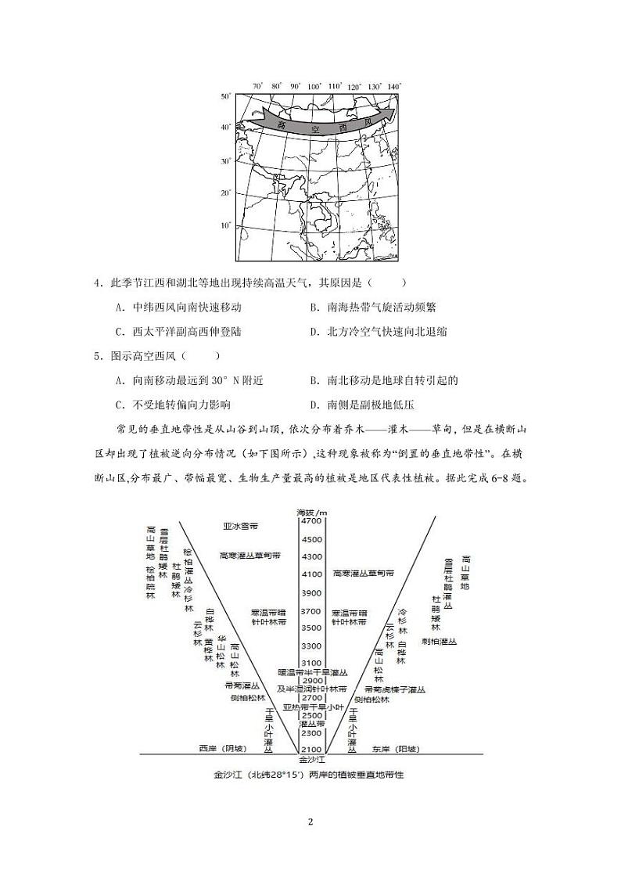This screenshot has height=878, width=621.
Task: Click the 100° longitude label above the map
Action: (314, 87)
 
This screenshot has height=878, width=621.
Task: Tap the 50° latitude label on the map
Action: (225, 96)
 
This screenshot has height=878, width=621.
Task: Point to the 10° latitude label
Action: (225, 225)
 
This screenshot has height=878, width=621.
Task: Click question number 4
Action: (97, 282)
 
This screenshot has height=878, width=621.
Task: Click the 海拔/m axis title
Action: (310, 512)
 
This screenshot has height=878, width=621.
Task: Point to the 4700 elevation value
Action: (310, 521)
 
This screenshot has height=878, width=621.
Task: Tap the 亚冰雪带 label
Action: (239, 525)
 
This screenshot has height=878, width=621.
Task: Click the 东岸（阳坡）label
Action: (395, 749)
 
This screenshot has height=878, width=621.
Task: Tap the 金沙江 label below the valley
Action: (310, 759)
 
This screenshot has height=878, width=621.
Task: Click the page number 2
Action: (310, 822)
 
